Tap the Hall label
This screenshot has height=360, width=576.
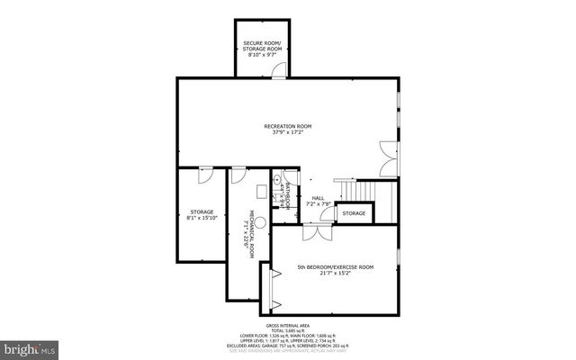pyautogui.click(x=318, y=198)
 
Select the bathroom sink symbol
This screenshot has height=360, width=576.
pyautogui.click(x=276, y=180)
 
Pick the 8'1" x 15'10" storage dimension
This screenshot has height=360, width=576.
pyautogui.click(x=202, y=218)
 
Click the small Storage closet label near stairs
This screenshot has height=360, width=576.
pyautogui.click(x=354, y=213)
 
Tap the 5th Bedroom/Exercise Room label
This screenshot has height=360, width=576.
pyautogui.click(x=335, y=267)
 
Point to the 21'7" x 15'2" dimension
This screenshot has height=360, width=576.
pyautogui.click(x=335, y=274)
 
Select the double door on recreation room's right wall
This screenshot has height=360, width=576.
pyautogui.click(x=387, y=157)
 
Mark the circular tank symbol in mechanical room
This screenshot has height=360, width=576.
pyautogui.click(x=247, y=218)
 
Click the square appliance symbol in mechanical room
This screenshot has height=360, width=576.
pyautogui.click(x=261, y=190)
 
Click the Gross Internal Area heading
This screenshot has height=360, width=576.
pyautogui.click(x=287, y=325)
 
